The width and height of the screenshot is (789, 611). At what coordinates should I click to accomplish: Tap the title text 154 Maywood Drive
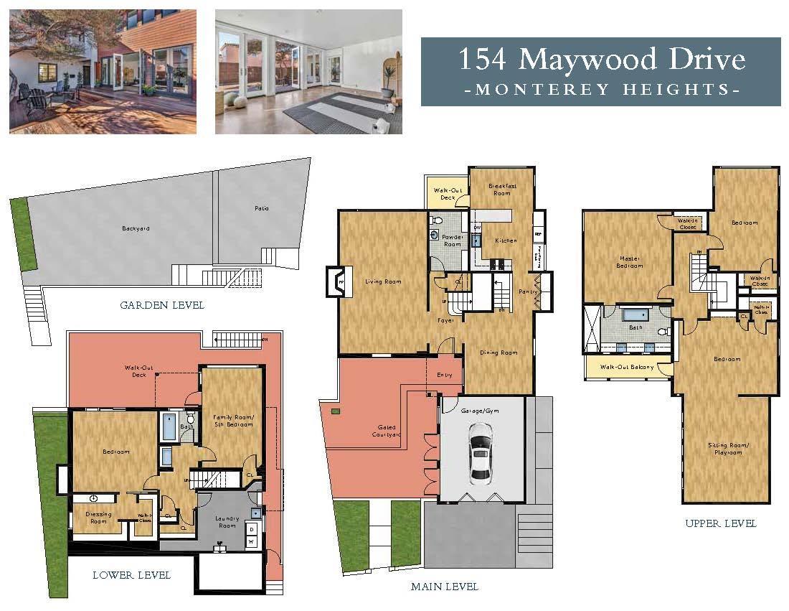coord(600,59)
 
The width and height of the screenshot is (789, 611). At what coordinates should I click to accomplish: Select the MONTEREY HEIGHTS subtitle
coord(600,90)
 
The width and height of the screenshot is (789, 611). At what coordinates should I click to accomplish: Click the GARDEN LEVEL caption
coord(162,305)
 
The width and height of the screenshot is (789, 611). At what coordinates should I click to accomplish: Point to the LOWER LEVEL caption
coord(131,575)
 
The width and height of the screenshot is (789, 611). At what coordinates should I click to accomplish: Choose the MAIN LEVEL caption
coord(444,587)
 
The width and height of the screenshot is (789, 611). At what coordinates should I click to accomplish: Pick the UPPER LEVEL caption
coord(721,523)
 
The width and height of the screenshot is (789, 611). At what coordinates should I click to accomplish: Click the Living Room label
coord(383,281)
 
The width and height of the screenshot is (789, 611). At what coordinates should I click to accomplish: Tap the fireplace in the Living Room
coord(335,281)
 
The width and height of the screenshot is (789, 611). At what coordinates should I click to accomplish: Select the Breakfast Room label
coord(501,190)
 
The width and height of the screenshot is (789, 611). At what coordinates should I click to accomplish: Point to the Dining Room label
coord(499,353)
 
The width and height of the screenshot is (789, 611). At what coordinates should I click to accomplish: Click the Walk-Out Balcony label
coord(625,367)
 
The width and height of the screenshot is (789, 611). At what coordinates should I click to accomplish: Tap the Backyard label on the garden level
coord(136,229)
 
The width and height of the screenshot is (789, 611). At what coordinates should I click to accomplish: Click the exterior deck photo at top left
coord(103,71)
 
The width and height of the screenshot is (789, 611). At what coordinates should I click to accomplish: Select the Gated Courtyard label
coord(385,432)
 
